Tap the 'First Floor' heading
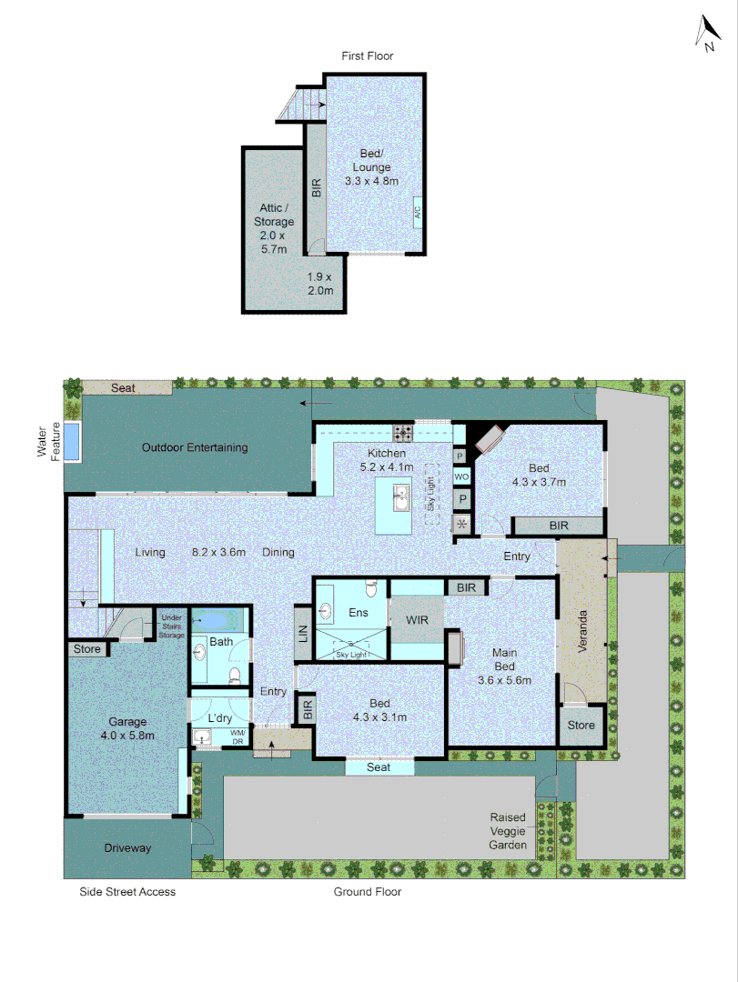click(368, 56)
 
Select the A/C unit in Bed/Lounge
click(418, 212)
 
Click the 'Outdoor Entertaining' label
click(195, 447)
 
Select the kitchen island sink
click(399, 496)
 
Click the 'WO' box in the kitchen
click(461, 477)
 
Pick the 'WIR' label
click(416, 620)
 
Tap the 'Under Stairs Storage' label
click(171, 624)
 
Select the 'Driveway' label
click(126, 847)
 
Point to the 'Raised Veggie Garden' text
click(508, 831)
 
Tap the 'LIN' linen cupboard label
click(303, 634)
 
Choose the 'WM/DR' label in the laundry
click(238, 736)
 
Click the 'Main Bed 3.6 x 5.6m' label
click(504, 665)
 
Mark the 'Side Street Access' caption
click(127, 892)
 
